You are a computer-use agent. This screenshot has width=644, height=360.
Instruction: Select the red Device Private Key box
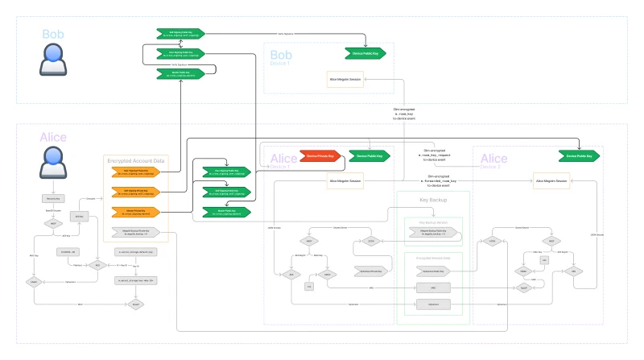point(321,155)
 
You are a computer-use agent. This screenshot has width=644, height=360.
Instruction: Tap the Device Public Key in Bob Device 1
point(364,53)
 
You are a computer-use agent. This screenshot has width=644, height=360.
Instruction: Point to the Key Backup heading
point(433,199)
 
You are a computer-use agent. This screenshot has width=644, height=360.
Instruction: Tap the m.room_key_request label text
point(433,155)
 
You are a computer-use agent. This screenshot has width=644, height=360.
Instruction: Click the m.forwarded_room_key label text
point(433,181)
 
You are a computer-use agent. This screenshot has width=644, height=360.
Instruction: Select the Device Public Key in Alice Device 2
point(580,155)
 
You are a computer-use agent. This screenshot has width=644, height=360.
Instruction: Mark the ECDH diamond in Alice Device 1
point(371,241)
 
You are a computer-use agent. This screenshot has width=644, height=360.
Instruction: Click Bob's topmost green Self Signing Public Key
point(180,34)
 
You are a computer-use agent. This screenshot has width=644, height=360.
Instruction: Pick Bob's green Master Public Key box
point(180,73)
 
